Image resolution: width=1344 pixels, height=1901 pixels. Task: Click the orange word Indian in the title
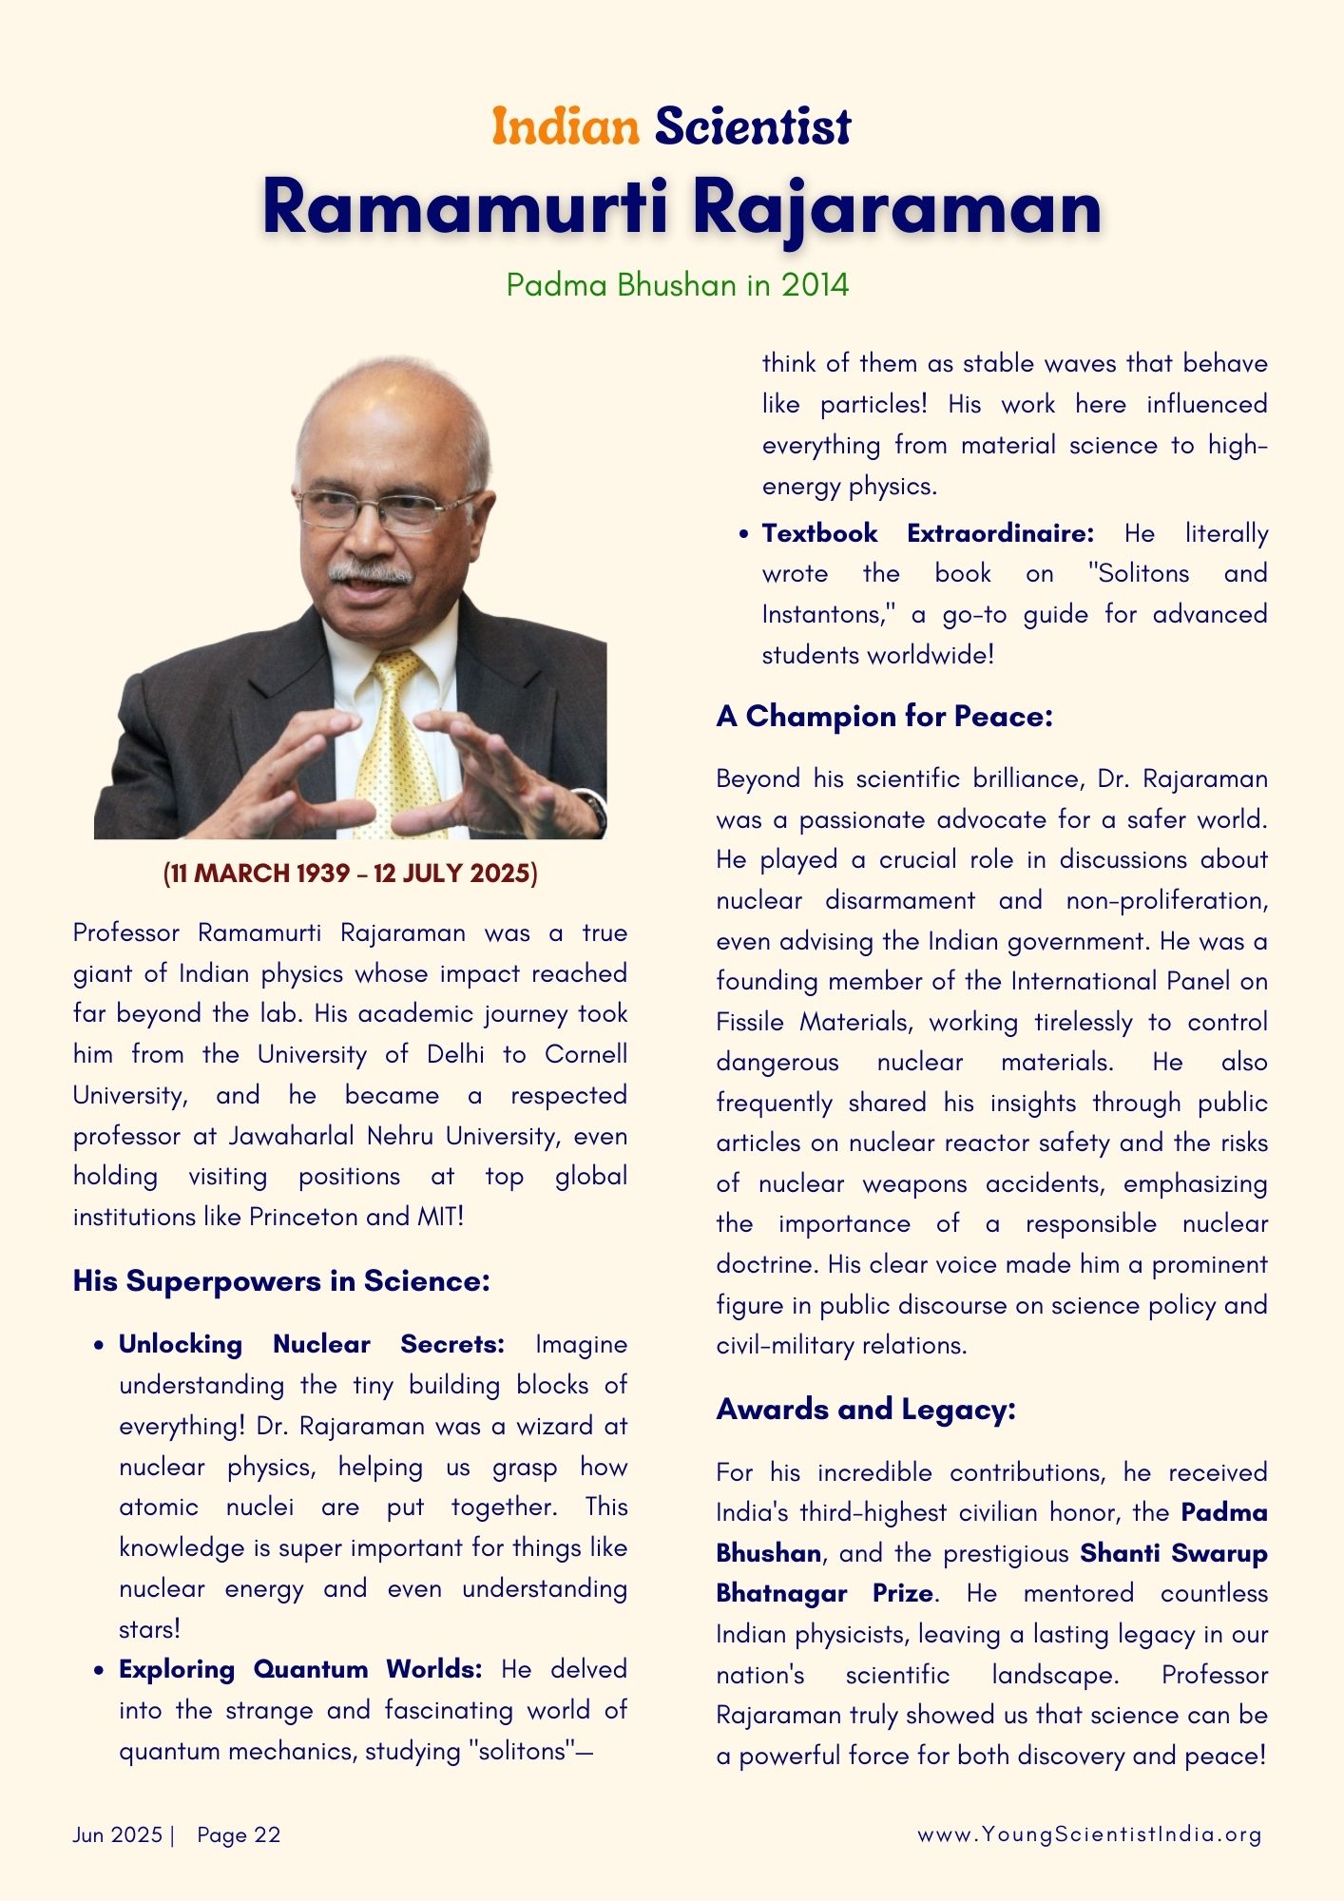566,127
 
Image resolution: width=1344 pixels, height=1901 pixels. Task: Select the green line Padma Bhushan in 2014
677,285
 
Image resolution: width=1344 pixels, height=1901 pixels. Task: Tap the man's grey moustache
371,573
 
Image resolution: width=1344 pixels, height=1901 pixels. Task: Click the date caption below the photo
351,874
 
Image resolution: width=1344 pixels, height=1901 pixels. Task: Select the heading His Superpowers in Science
281,1281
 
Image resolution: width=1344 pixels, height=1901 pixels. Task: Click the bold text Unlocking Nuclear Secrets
311,1344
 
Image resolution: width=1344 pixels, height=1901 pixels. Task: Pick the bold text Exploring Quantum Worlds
300,1669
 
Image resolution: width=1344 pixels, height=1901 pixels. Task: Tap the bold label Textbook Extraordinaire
928,533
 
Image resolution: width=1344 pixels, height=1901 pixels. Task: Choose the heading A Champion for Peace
884,717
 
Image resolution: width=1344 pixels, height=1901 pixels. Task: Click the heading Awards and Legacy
866,1410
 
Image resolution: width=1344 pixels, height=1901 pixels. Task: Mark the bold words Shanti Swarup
1174,1553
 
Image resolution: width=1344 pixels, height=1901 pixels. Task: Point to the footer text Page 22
239,1834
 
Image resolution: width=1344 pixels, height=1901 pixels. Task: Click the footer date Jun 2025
118,1834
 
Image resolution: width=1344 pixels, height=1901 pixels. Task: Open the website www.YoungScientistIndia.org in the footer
1089,1834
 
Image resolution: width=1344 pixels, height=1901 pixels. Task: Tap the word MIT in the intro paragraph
440,1217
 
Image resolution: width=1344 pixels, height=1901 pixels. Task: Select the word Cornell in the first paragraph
586,1055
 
